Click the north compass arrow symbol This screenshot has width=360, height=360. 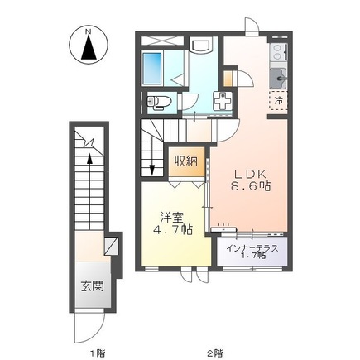tap(88, 45)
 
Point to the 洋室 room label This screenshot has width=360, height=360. tap(171, 217)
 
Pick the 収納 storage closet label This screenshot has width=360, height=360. tap(186, 161)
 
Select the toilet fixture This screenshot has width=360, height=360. tap(160, 102)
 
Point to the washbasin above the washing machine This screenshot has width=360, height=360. tap(201, 46)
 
